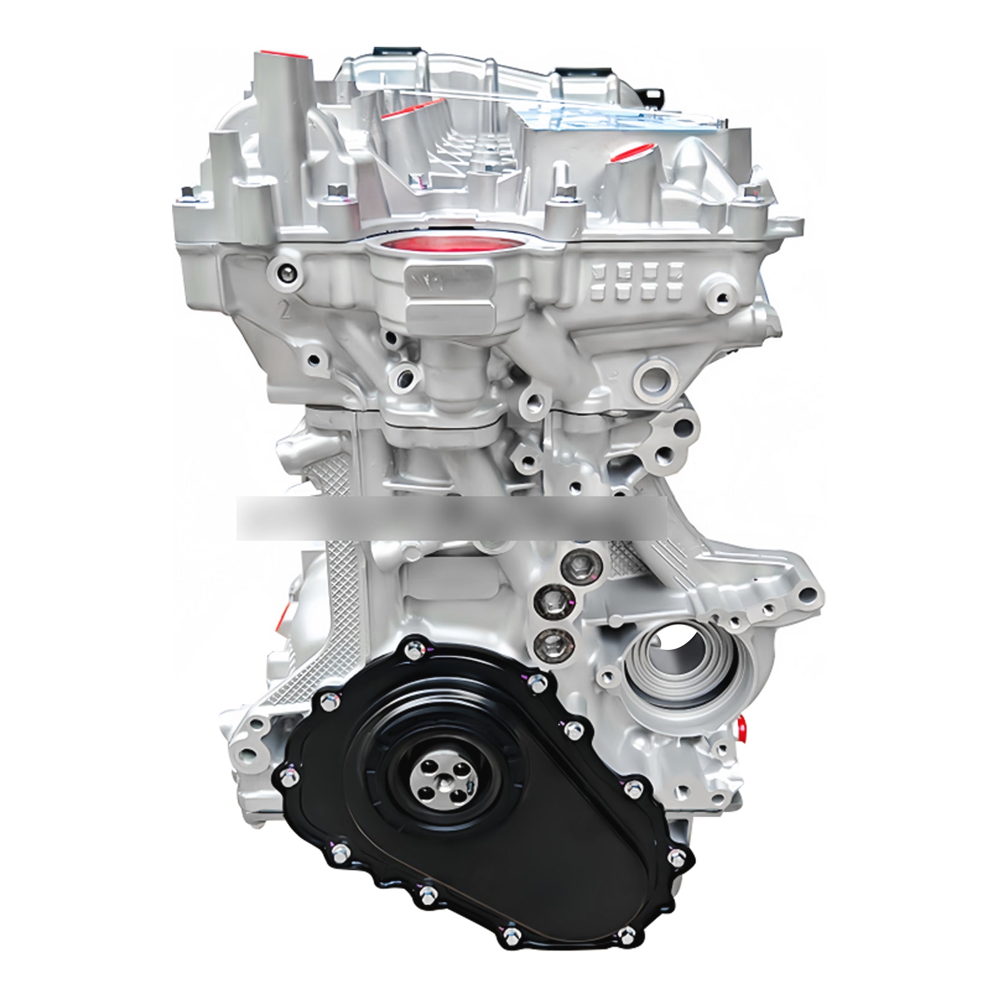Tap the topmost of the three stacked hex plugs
573,565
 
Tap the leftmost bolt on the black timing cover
288,776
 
